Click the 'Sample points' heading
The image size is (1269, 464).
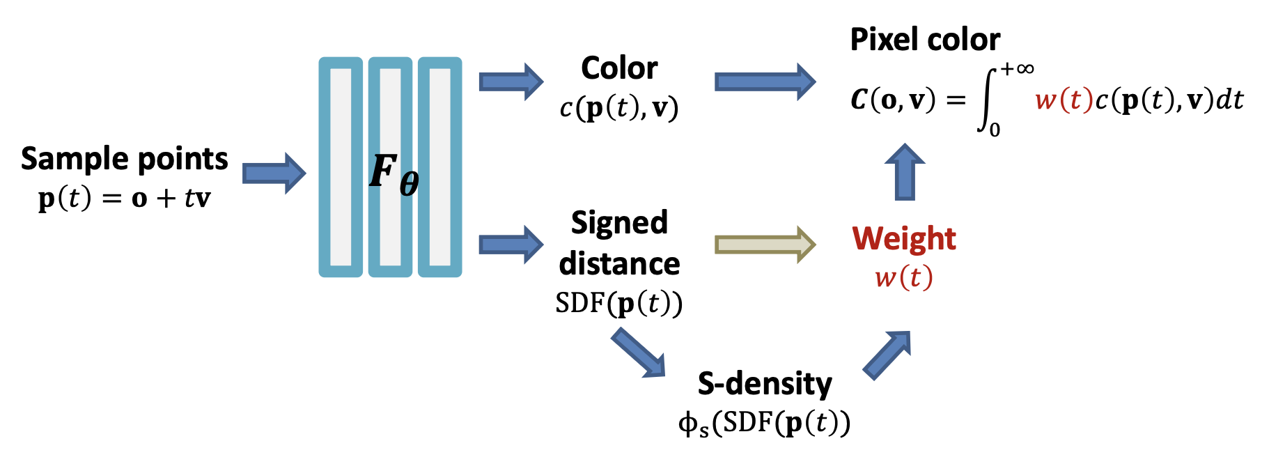tap(124, 160)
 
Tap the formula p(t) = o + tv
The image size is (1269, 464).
tap(124, 199)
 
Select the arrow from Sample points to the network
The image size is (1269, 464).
tap(274, 173)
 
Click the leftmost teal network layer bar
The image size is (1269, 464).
tap(341, 167)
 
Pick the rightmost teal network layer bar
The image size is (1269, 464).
tap(439, 167)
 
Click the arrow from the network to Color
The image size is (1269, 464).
tap(511, 82)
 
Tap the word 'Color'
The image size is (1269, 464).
tap(619, 68)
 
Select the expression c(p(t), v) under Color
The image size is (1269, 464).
tap(619, 108)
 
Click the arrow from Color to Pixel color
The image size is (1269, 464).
tap(765, 82)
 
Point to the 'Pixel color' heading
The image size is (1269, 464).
tap(925, 40)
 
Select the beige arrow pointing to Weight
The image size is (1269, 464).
tap(765, 245)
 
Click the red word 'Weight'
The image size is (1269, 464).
tap(904, 239)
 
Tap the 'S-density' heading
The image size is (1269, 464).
tap(765, 384)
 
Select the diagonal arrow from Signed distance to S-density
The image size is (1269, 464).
tap(639, 354)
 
